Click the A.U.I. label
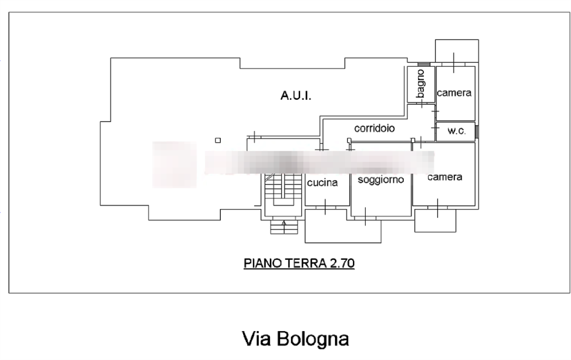point(296,97)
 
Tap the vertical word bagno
point(421,85)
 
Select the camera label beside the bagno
point(454,93)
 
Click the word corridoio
point(375,129)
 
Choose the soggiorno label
point(381,180)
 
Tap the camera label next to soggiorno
point(445,178)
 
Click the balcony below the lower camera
point(436,220)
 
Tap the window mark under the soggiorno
point(365,216)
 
